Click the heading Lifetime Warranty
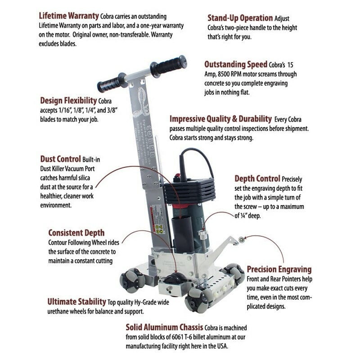point(68,15)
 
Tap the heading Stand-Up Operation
point(240,18)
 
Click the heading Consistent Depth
point(76,233)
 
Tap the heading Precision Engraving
point(279,269)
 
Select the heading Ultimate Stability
point(76,301)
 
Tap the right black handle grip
point(169,66)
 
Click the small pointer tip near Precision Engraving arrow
point(242,239)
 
